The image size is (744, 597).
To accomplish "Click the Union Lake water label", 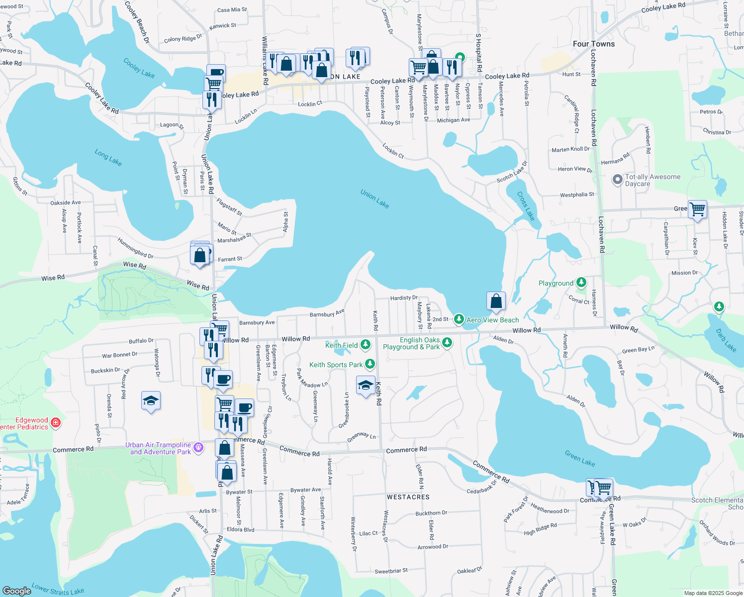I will (x=374, y=199).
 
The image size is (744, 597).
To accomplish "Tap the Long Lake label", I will (x=108, y=158).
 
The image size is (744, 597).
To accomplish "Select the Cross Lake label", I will (x=526, y=206).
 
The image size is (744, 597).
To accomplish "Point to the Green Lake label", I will (x=580, y=458).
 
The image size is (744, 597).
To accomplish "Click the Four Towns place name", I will (x=594, y=44).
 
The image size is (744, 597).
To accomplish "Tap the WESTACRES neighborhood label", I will (x=408, y=497).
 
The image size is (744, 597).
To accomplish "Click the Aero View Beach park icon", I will (x=459, y=319).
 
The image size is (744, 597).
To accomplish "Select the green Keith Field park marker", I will (x=366, y=344).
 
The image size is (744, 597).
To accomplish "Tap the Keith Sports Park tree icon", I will (x=370, y=364).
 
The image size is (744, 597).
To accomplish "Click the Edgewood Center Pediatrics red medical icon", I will (x=56, y=423).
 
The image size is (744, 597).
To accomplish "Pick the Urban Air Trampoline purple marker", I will (x=198, y=448).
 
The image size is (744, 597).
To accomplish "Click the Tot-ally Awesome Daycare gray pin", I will (x=617, y=180).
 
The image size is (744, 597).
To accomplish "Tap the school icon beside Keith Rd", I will (x=366, y=385).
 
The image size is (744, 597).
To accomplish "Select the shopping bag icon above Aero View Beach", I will (x=496, y=301).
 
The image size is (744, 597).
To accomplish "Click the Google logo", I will (x=17, y=591).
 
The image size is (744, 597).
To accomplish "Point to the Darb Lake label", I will (x=726, y=340).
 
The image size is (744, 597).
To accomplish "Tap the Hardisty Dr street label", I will (x=404, y=298).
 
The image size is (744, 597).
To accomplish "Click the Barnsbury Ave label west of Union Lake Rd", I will (x=257, y=323).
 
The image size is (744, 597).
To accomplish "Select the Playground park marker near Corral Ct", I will (x=581, y=283).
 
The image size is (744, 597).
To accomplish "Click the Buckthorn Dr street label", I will (x=431, y=513).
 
